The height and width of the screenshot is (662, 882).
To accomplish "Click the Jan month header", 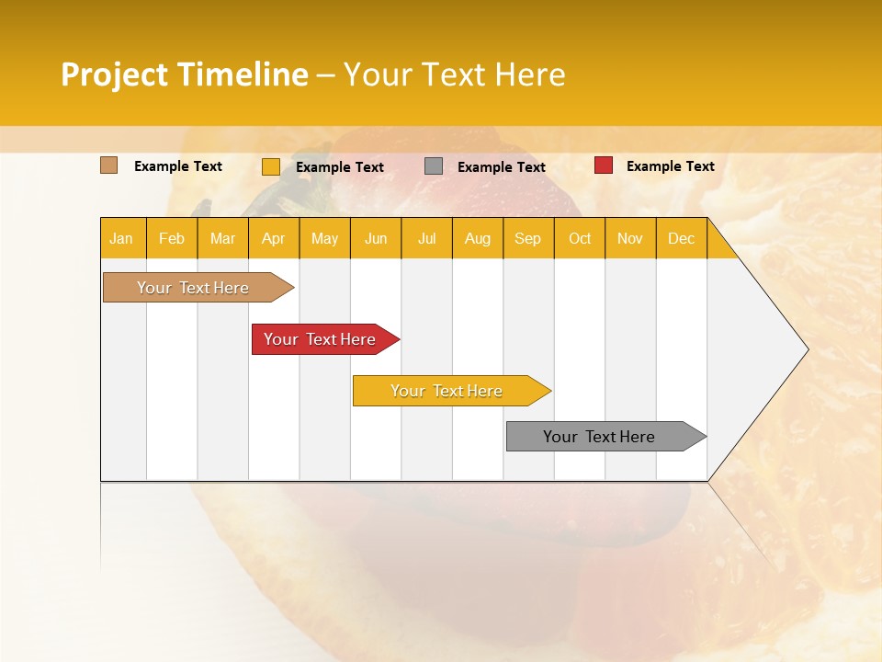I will pyautogui.click(x=121, y=238).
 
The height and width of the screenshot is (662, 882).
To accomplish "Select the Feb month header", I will pyautogui.click(x=172, y=238).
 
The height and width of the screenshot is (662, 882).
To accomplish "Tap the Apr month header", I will pyautogui.click(x=273, y=238).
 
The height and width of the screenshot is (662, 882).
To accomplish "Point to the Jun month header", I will pyautogui.click(x=376, y=238).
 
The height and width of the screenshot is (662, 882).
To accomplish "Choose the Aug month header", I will pyautogui.click(x=477, y=238).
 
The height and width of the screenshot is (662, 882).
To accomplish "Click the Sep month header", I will pyautogui.click(x=527, y=238).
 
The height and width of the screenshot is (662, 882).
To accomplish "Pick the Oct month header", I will pyautogui.click(x=580, y=238).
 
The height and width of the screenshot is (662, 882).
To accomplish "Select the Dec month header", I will pyautogui.click(x=681, y=238).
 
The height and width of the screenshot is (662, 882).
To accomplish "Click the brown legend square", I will pyautogui.click(x=109, y=165).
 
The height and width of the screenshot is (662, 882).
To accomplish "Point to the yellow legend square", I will pyautogui.click(x=271, y=166).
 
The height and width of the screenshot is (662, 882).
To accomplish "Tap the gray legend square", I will pyautogui.click(x=434, y=165).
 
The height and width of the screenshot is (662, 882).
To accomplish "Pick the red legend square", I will pyautogui.click(x=604, y=165).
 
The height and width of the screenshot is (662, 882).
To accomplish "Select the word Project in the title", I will pyautogui.click(x=116, y=74).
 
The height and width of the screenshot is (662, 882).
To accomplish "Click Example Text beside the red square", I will pyautogui.click(x=670, y=166).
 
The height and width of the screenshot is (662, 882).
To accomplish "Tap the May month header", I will pyautogui.click(x=324, y=238).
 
